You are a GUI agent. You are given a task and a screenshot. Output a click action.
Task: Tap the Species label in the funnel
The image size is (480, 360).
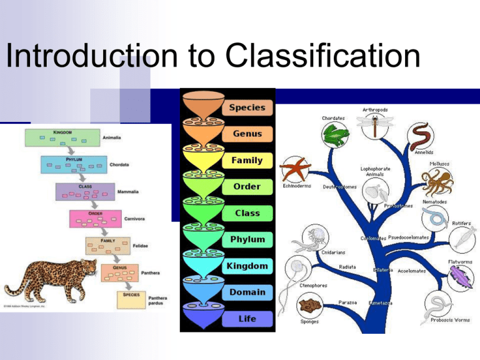(x=246, y=107)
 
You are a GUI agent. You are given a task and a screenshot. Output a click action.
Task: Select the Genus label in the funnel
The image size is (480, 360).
(x=246, y=134)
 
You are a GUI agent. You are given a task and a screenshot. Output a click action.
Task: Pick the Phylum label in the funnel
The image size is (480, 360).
(x=246, y=239)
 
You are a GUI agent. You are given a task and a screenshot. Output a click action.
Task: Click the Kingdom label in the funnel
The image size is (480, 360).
(x=247, y=266)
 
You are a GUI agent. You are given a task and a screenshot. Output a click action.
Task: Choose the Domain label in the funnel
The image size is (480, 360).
(x=246, y=292)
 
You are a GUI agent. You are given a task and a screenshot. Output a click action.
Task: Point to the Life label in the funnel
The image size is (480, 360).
(x=246, y=319)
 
